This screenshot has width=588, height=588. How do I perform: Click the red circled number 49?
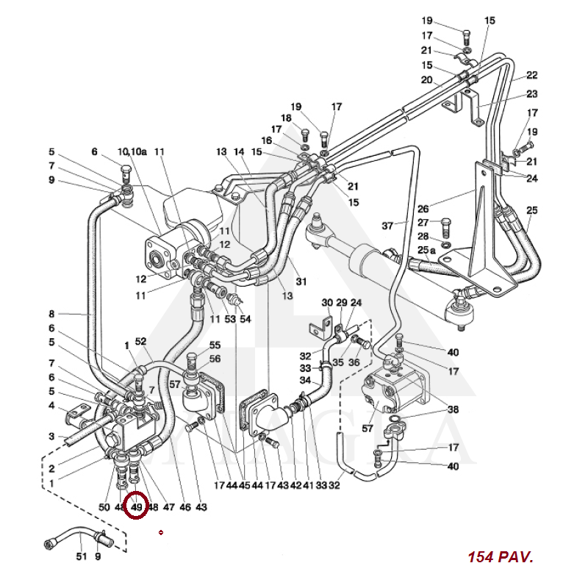(137, 506)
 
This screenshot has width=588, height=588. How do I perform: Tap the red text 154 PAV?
(500, 557)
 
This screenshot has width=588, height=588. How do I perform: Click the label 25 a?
(427, 251)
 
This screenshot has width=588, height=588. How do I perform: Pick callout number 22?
(532, 75)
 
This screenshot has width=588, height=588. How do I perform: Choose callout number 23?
(532, 93)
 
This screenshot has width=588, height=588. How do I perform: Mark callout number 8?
(52, 314)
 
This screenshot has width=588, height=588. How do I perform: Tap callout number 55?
(215, 345)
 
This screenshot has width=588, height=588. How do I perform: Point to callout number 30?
(327, 303)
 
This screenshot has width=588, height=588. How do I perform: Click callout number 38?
(453, 410)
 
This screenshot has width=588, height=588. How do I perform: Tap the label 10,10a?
(135, 151)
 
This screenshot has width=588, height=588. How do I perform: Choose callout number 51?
(81, 556)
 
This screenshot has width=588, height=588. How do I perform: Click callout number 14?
(239, 151)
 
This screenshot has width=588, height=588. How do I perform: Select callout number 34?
(304, 380)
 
